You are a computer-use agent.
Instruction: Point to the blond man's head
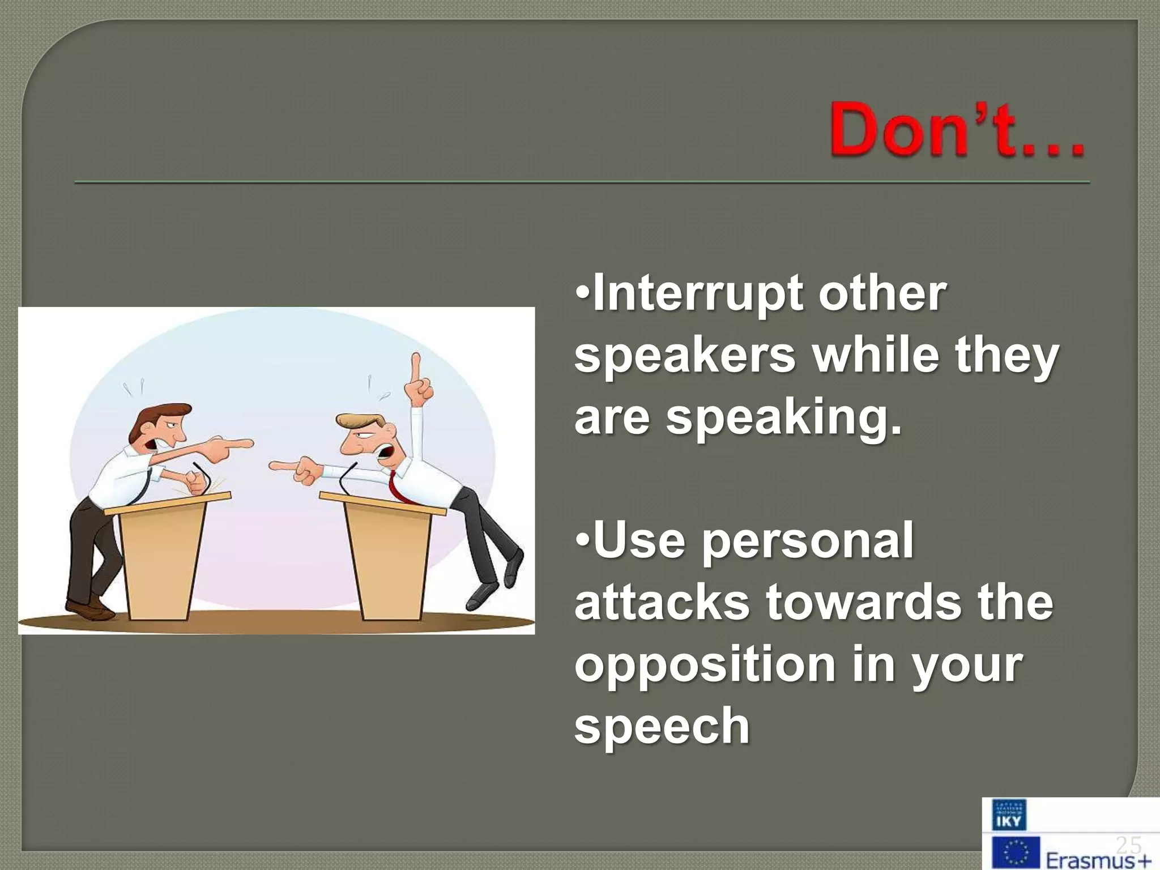[x=362, y=433]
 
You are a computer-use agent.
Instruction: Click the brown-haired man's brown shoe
[x=91, y=611]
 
